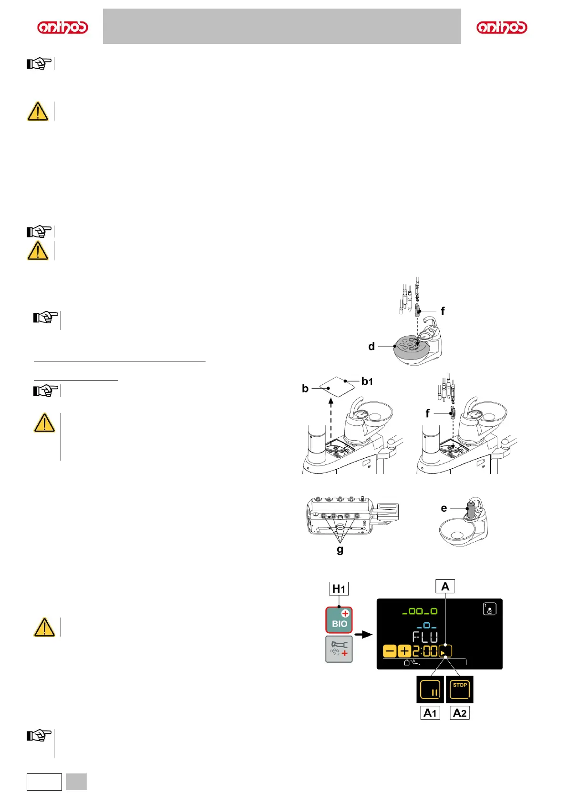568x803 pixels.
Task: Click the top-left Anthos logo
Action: click(x=62, y=28)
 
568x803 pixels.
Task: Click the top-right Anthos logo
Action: click(x=502, y=28)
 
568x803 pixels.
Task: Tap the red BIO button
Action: click(x=339, y=619)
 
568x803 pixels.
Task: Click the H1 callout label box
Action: click(x=339, y=589)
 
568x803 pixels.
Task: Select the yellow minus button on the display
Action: click(x=390, y=651)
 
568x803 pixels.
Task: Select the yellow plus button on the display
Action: click(x=404, y=651)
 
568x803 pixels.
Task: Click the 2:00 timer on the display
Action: click(x=425, y=651)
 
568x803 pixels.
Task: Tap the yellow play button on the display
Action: click(x=445, y=651)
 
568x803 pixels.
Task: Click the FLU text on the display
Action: click(x=425, y=637)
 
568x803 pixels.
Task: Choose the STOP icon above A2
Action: click(x=460, y=689)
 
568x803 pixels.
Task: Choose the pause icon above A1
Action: click(x=430, y=690)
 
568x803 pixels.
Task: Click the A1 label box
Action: click(x=430, y=713)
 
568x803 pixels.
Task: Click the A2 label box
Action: click(x=460, y=713)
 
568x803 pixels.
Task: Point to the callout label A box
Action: click(x=445, y=586)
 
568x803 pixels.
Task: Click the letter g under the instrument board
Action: click(x=340, y=549)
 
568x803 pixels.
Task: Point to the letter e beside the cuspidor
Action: click(x=444, y=508)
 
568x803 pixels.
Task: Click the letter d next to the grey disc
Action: click(x=372, y=346)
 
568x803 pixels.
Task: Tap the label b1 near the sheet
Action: click(x=367, y=381)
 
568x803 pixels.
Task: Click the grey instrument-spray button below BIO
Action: click(x=339, y=649)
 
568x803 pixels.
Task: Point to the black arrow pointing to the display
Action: click(x=364, y=635)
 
